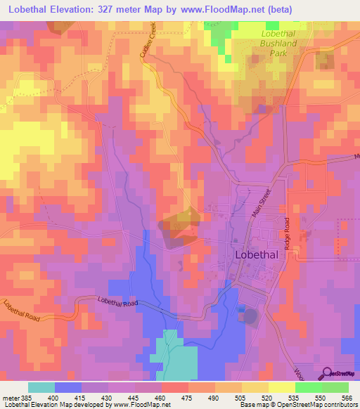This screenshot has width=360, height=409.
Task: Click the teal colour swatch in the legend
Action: click(x=41, y=387)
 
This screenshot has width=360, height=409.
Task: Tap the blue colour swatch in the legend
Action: click(x=68, y=387)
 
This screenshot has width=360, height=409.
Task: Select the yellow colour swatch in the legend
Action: click(x=282, y=387)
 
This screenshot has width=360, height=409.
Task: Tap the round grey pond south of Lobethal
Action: click(x=250, y=316)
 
